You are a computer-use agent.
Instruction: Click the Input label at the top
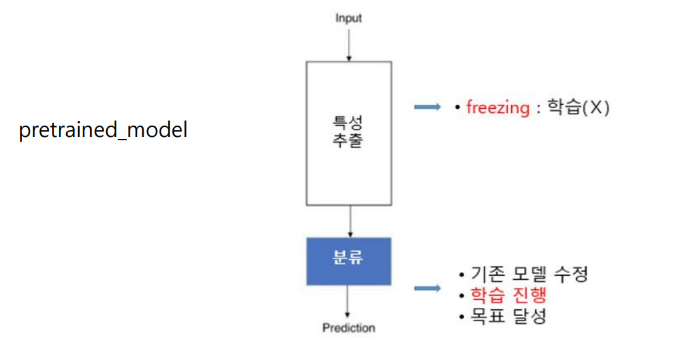348,18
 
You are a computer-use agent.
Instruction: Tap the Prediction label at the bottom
348,328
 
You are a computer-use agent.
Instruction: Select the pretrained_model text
103,130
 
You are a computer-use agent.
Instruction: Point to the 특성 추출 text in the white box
348,132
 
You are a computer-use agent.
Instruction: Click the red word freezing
498,108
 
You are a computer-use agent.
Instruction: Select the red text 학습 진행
509,295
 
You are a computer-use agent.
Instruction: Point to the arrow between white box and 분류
348,221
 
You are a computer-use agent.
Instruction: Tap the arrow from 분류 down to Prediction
348,302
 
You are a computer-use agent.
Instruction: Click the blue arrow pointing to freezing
428,107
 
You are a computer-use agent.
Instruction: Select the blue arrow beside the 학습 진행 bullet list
428,288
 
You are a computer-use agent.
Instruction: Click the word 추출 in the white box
348,142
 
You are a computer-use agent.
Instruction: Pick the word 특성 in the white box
348,123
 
